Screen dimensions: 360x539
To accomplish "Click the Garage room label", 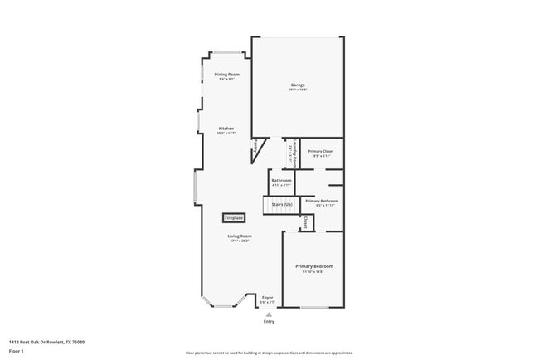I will tap(298, 85).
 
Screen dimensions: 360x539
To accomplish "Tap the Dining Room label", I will tap(227, 75).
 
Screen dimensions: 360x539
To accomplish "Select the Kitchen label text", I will tap(226, 129).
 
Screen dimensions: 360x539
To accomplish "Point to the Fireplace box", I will tap(233, 218).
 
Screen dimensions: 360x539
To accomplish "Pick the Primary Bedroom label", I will tap(314, 266).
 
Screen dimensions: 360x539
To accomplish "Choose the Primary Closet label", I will tap(321, 151).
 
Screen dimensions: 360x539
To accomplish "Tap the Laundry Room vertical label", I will tap(294, 152).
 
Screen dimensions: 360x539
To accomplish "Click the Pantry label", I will tap(258, 151).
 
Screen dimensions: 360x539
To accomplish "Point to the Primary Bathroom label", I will tap(321, 201).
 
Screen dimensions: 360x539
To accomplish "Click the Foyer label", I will tap(267, 297).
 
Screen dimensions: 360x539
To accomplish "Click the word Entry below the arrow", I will tap(269, 322).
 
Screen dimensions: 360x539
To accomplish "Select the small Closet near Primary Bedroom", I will tap(306, 222).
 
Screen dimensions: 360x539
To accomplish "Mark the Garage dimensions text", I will tap(298, 90).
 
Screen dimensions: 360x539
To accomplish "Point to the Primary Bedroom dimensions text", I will tap(314, 271).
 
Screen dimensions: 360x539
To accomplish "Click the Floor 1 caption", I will tap(17, 351).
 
